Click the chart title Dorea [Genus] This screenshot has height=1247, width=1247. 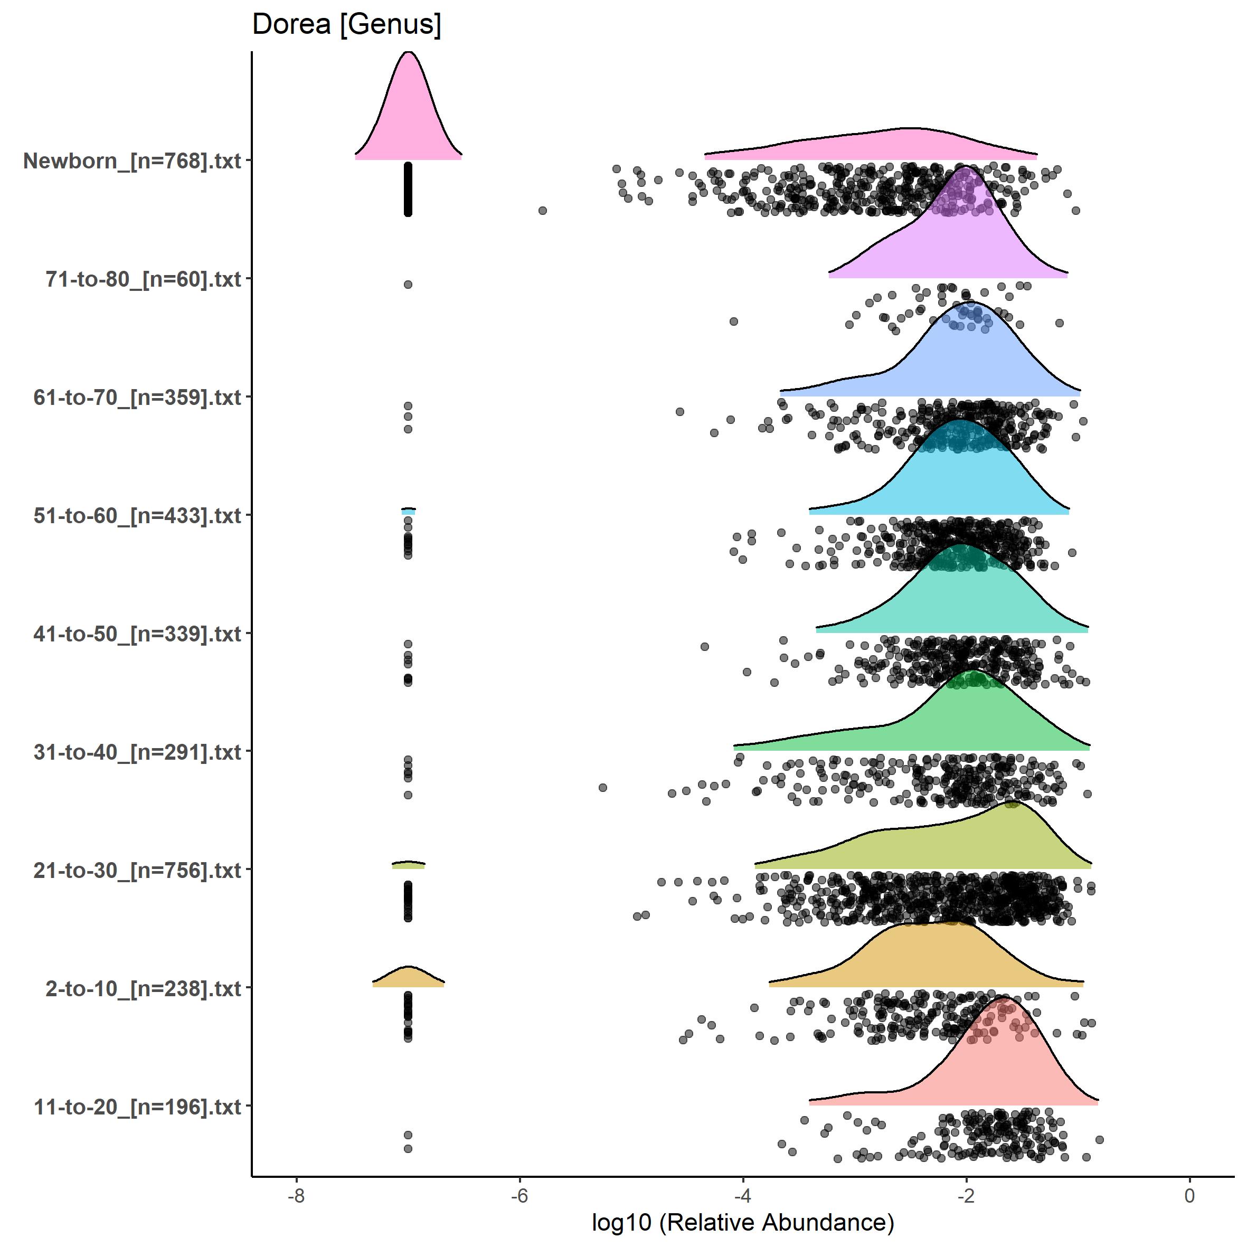click(x=347, y=24)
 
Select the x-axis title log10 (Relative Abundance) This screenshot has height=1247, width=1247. click(x=742, y=1222)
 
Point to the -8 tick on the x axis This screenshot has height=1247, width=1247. click(x=296, y=1195)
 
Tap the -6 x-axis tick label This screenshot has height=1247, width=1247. click(x=519, y=1195)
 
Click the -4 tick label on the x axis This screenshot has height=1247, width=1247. click(x=743, y=1195)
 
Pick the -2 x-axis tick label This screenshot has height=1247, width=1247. click(x=966, y=1195)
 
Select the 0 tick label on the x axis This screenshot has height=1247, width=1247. click(x=1189, y=1195)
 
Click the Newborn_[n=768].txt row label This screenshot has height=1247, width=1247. click(x=133, y=160)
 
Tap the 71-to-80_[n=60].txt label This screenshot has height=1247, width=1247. click(x=143, y=279)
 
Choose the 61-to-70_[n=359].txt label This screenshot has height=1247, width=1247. click(x=137, y=398)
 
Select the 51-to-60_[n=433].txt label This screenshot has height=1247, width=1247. click(x=137, y=516)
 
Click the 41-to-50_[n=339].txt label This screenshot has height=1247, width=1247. click(x=137, y=634)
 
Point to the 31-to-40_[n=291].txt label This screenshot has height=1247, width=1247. click(x=137, y=752)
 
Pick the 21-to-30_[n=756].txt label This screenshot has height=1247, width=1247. click(x=137, y=870)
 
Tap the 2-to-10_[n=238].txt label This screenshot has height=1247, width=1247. click(x=143, y=988)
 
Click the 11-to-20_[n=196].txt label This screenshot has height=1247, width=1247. click(x=137, y=1107)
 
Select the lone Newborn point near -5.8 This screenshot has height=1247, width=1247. click(x=543, y=211)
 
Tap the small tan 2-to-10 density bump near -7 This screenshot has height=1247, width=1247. click(x=408, y=978)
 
